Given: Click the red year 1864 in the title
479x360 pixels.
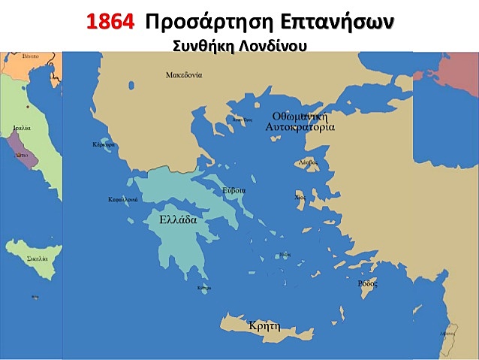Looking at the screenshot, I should pos(110,22).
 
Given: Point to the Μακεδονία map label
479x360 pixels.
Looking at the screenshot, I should pos(183,74).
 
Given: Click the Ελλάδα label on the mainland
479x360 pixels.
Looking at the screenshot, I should pos(178,220).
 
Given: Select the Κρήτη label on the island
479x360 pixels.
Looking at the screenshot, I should pos(264,326).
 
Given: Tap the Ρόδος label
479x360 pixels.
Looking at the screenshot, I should pos(367,283).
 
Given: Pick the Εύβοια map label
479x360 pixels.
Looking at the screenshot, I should pos(233,191).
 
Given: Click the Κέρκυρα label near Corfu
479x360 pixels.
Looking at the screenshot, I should pos(103,144).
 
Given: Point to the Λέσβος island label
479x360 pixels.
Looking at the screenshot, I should pos(308,162).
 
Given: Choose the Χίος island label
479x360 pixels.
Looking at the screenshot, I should pos(300,196).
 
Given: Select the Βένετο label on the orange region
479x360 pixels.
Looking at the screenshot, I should pos(30,56).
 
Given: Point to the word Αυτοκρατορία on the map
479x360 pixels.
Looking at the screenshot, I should pos(300,128).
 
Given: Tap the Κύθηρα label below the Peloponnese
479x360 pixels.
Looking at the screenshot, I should pos(203,288).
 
